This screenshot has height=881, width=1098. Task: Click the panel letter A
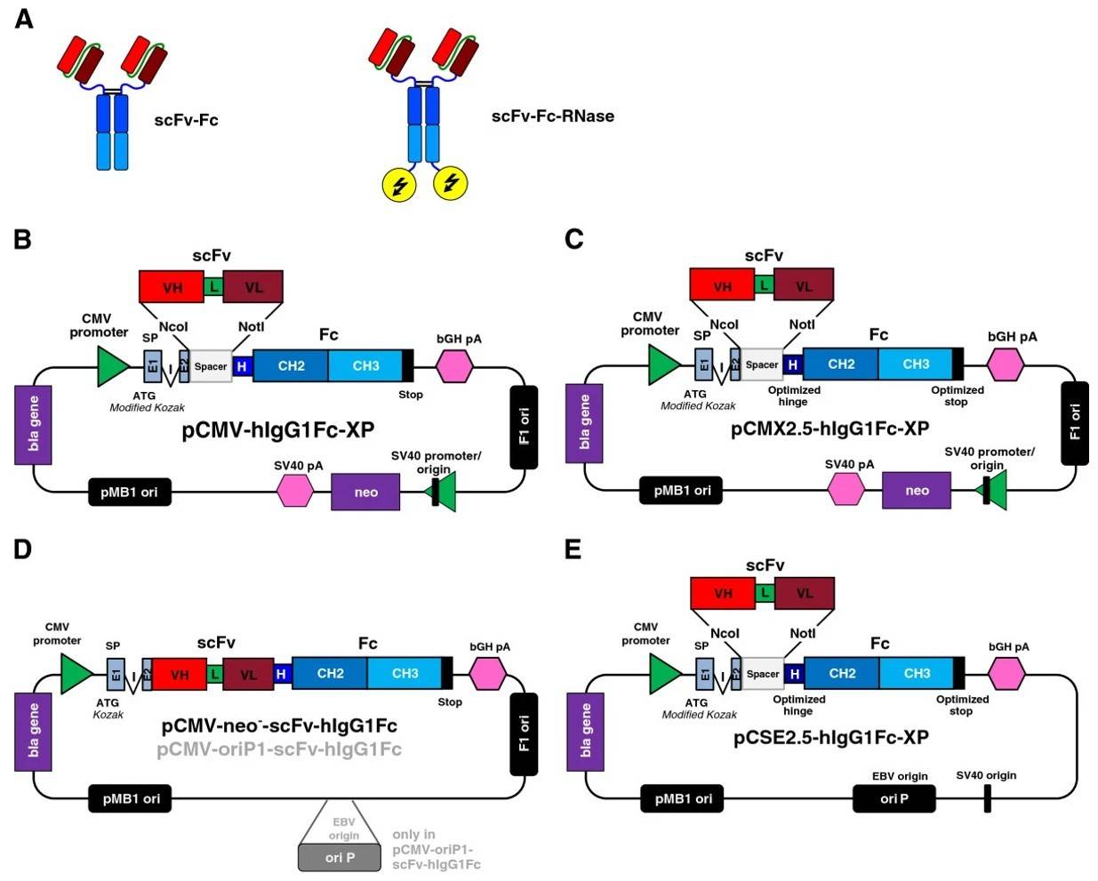24,19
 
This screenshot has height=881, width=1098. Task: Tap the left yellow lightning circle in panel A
399,184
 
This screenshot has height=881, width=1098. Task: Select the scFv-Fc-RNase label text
552,116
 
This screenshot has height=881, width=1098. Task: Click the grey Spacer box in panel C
762,364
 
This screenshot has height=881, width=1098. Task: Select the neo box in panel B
365,492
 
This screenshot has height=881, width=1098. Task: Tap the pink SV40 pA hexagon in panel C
846,489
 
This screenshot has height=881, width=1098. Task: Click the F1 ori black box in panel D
524,733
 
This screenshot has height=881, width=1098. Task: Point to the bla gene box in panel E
585,732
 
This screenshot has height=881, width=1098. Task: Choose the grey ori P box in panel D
341,857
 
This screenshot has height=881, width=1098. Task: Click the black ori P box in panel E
894,798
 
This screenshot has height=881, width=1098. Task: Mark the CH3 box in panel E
916,673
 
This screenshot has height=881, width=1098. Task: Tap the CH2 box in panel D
330,673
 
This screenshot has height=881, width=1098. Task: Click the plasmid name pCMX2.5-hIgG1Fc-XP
830,428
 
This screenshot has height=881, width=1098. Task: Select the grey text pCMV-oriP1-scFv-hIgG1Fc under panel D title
279,749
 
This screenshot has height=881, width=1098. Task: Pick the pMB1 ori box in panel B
129,492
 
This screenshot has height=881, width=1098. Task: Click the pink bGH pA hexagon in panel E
1006,673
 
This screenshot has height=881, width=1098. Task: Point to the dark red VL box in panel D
248,675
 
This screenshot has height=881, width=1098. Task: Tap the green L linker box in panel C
764,285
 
